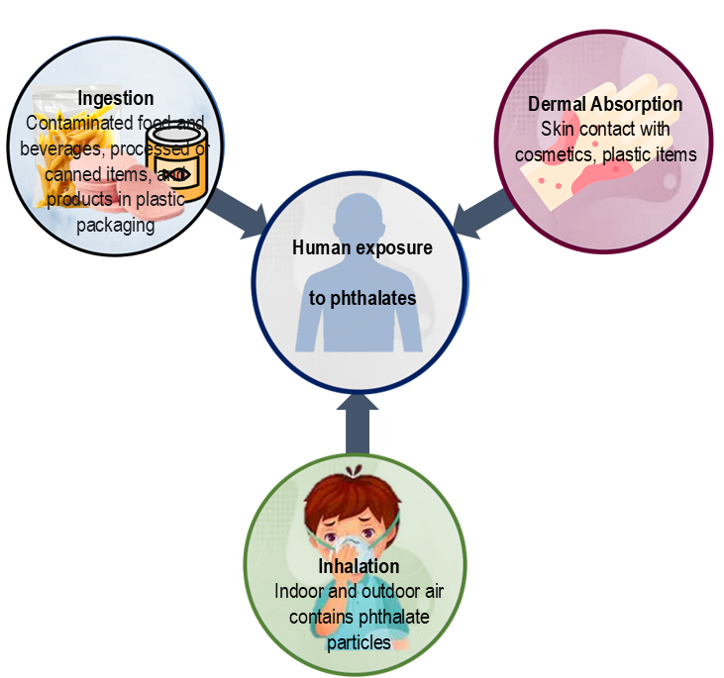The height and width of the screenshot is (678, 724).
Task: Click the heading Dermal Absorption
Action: point(605,104)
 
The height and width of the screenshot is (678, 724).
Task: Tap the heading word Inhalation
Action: point(359,566)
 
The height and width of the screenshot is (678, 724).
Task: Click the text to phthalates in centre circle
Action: point(362,298)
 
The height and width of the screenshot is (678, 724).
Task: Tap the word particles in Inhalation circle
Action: point(359,642)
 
